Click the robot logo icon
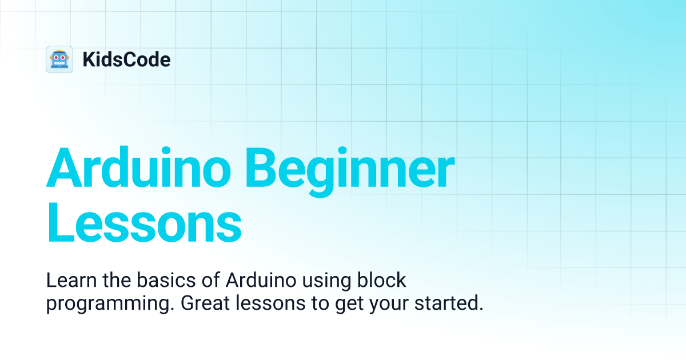(59, 59)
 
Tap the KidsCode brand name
(126, 59)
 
